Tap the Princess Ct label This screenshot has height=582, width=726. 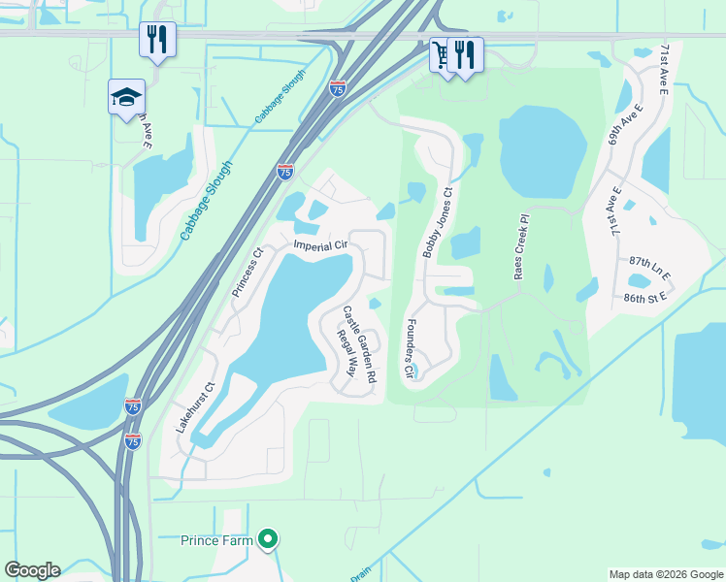coord(247,273)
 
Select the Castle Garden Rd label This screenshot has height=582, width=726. coord(358,343)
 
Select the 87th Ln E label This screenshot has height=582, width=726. coord(650,262)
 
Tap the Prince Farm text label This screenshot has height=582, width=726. coord(216,539)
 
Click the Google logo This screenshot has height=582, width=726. coord(32,570)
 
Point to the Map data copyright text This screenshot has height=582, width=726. coord(665,574)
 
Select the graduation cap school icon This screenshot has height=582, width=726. coord(126,97)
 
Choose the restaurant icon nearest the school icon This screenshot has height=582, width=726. coord(157,39)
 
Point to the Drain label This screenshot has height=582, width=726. coord(360,574)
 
